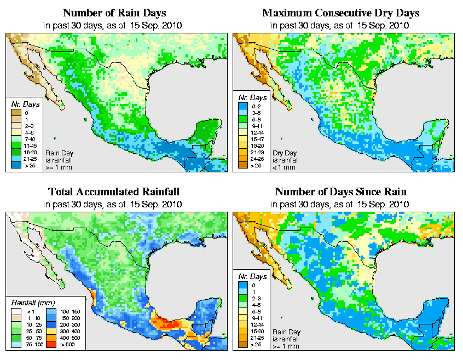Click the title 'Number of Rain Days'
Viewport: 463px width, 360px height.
[115, 13]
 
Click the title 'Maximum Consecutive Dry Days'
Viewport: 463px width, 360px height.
[341, 13]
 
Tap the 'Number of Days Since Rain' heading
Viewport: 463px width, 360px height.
[341, 192]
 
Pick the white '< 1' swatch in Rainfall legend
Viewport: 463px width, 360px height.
[15, 311]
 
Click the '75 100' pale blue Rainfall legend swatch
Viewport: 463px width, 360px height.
[15, 345]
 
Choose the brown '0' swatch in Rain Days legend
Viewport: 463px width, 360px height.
[15, 113]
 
